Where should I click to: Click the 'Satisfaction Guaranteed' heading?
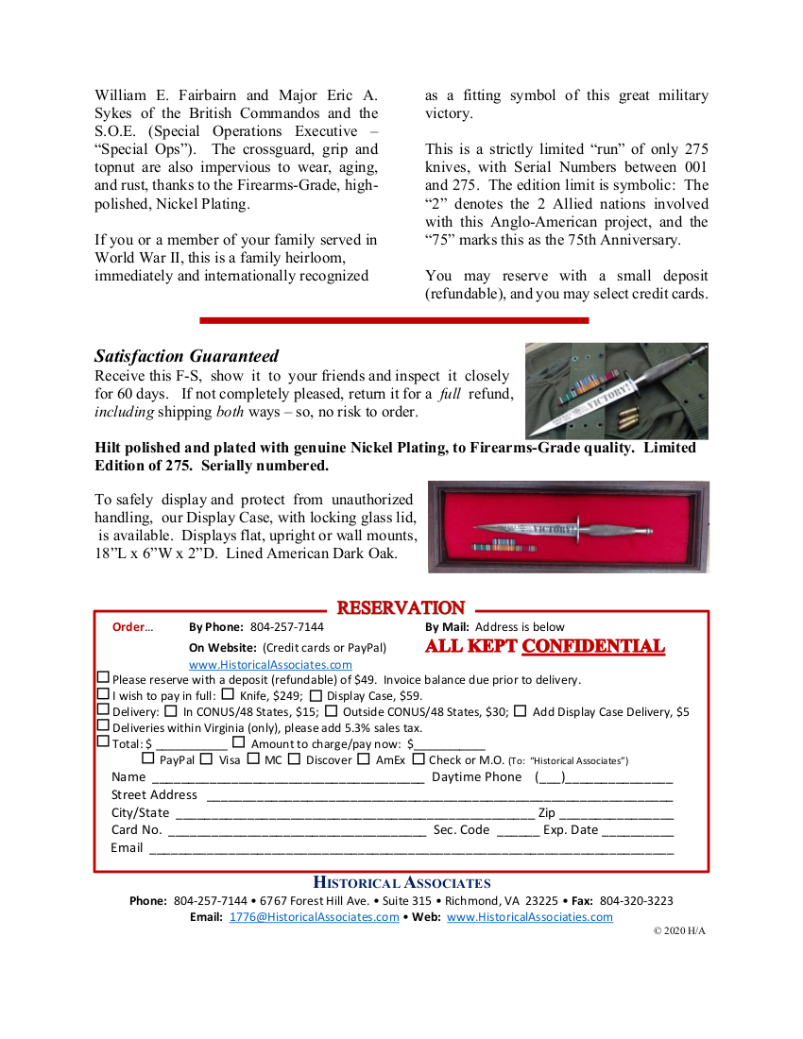click(x=186, y=356)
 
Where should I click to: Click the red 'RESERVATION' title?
click(x=401, y=608)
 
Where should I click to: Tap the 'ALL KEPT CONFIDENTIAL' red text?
click(x=545, y=647)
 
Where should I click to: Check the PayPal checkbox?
click(x=148, y=758)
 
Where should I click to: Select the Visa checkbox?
click(x=207, y=758)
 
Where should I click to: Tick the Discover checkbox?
click(x=295, y=758)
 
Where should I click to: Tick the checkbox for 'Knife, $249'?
click(x=228, y=694)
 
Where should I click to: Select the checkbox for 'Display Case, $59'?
click(x=316, y=695)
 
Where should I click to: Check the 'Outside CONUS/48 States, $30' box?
click(x=332, y=711)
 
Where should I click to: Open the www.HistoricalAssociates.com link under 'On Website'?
click(x=270, y=665)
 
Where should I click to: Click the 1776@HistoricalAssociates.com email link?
click(x=314, y=917)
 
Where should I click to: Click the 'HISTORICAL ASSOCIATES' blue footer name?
click(x=401, y=883)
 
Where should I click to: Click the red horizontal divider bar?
click(x=394, y=320)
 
